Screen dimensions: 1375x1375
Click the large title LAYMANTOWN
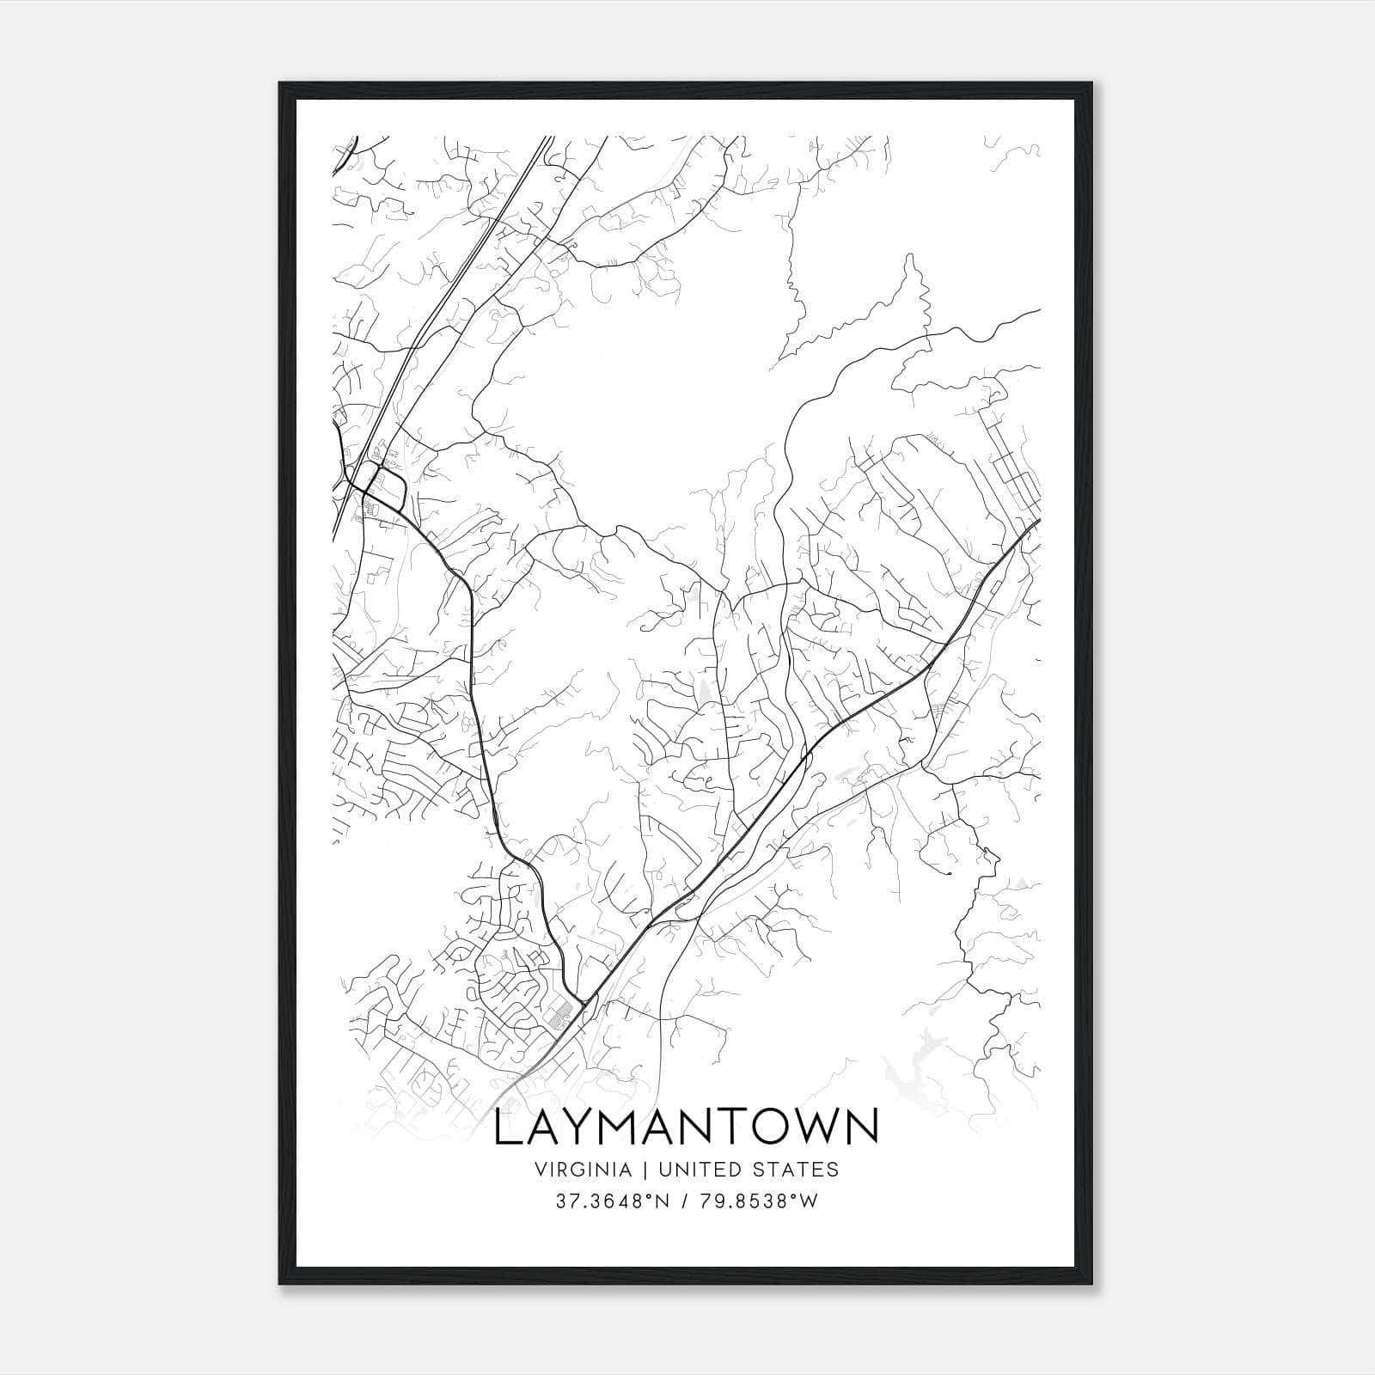(x=687, y=1127)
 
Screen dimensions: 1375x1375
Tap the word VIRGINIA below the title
(x=584, y=1170)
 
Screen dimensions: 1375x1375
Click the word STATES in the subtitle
(x=797, y=1170)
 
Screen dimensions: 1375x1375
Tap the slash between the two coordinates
(x=683, y=1202)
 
